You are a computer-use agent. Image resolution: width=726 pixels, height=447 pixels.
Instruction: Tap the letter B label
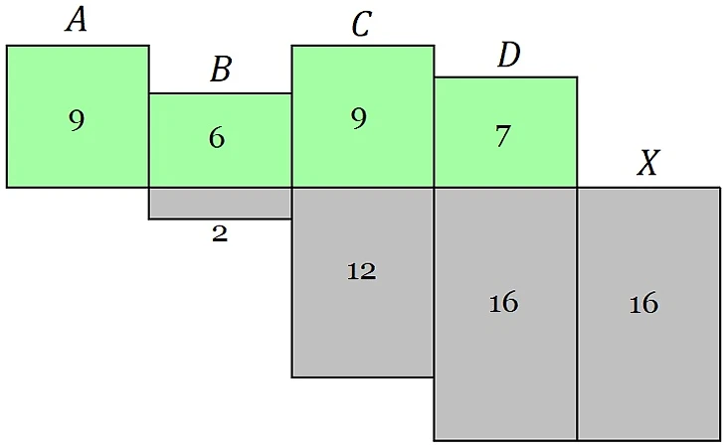[x=221, y=70]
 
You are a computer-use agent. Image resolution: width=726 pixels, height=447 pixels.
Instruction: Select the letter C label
[x=361, y=24]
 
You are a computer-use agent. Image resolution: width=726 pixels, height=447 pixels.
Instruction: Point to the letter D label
[x=508, y=56]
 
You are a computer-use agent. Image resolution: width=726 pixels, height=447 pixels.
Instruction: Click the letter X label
[x=647, y=164]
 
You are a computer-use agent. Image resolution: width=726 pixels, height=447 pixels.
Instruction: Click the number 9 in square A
[x=77, y=120]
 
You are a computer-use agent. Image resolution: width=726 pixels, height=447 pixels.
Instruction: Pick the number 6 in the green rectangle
[x=217, y=138]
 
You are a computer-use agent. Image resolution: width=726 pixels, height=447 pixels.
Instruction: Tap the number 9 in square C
[x=359, y=118]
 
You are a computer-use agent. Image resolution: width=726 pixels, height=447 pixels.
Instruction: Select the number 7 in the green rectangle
[x=503, y=136]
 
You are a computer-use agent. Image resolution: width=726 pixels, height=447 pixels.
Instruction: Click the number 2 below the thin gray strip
[x=220, y=234]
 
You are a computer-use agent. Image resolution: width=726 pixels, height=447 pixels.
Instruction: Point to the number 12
[x=361, y=271]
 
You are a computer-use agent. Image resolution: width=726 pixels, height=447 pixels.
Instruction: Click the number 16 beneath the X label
[x=643, y=303]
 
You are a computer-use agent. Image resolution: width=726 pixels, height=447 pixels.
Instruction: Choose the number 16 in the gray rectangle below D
[x=503, y=303]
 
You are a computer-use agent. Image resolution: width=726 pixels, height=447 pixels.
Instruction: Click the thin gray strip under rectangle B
[x=220, y=203]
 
